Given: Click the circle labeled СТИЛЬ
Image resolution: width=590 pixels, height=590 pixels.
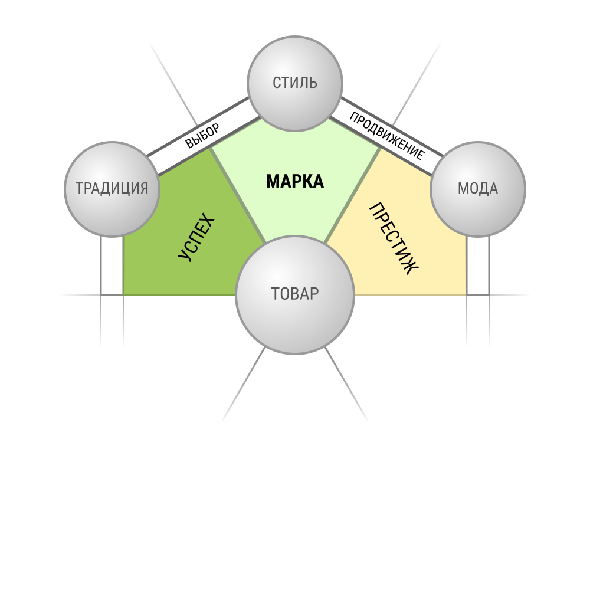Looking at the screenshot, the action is (295, 84).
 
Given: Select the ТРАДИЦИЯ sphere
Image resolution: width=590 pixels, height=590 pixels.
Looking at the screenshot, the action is (112, 189).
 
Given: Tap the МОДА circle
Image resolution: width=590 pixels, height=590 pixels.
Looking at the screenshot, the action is (478, 189).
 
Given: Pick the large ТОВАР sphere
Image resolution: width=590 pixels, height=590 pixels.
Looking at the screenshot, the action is (295, 295).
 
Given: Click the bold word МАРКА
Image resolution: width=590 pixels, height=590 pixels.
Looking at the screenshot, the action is (295, 181).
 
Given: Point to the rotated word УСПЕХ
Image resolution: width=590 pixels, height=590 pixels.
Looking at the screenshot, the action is (196, 237).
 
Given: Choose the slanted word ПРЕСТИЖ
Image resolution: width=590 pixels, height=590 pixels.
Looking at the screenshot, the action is (394, 238).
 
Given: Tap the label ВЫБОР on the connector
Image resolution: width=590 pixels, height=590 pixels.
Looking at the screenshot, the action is (202, 136).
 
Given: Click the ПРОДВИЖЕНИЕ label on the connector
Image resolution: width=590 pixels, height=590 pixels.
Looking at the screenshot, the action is (387, 136).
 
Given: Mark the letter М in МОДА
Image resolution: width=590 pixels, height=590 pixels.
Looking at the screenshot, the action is (463, 189).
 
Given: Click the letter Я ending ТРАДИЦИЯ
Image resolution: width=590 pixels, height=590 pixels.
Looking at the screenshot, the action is (143, 188).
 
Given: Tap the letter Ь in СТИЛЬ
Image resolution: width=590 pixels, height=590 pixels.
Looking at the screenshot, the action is (313, 83).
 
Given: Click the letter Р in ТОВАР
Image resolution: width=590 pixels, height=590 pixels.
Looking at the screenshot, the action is (314, 294).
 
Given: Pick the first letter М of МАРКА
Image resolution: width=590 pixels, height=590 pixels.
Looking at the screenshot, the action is (272, 181).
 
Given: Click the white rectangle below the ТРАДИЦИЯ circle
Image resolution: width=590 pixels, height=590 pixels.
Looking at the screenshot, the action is (112, 265).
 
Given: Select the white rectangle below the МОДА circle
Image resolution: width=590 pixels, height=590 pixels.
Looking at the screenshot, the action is (478, 265).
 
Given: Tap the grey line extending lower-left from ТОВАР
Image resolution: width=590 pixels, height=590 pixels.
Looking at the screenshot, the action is (244, 384).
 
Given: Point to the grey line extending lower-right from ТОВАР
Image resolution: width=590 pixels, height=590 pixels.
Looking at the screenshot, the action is (346, 384).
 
